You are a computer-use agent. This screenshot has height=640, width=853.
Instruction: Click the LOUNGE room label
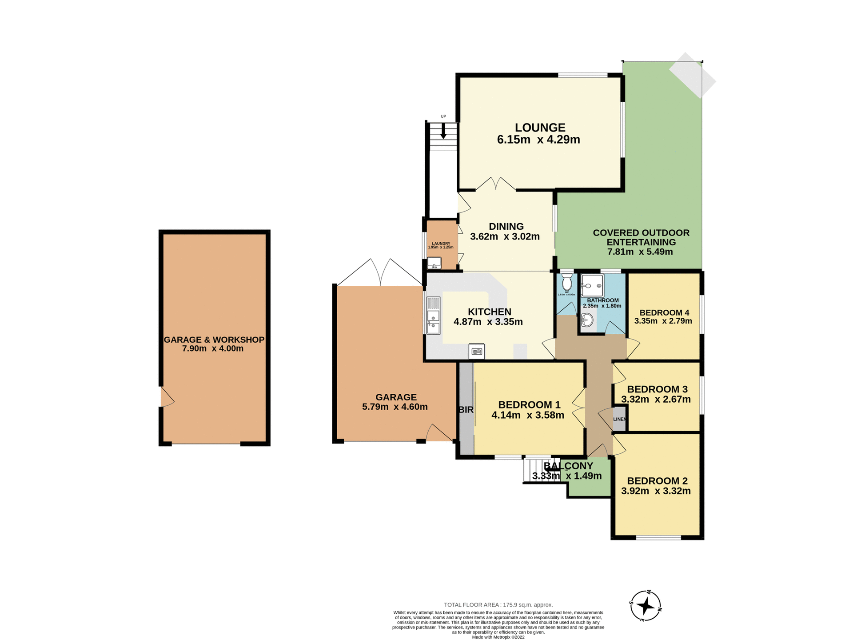540,128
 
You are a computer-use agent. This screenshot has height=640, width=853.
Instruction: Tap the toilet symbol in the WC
566,282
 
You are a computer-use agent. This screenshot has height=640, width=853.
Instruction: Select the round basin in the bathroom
587,320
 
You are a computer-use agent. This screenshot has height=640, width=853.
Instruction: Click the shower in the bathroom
592,285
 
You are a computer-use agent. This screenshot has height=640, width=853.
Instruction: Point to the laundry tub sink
434,263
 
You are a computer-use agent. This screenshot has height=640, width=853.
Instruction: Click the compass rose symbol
646,606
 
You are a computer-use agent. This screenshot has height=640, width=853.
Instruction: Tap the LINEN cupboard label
619,419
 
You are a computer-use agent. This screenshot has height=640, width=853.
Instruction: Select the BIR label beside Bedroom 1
466,410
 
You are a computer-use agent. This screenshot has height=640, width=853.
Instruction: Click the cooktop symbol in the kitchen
477,351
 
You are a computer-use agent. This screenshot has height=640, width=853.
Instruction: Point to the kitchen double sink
433,316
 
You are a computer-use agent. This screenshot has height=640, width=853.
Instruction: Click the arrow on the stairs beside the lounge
443,132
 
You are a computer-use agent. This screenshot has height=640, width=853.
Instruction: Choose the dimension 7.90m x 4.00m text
213,349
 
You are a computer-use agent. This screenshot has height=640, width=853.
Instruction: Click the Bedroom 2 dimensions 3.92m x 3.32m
656,491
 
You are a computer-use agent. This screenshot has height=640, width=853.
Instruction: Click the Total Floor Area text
498,605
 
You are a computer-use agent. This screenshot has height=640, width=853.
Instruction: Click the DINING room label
506,227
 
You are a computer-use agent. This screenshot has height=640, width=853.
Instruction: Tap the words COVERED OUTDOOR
641,233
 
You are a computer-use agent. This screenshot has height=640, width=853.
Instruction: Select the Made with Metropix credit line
498,637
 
